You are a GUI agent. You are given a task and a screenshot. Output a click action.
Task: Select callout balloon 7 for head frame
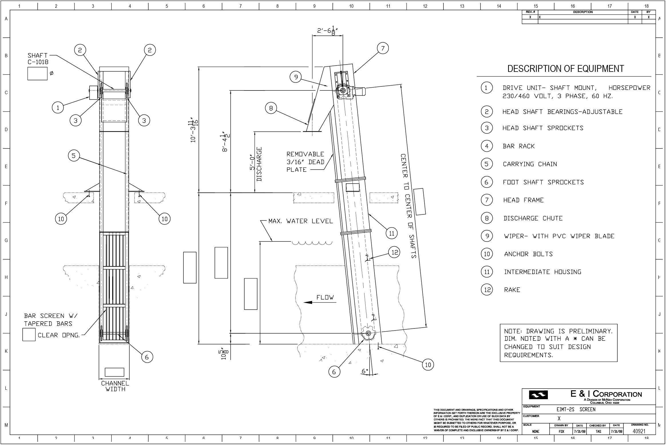[383, 48]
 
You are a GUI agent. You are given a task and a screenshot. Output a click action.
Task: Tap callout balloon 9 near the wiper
[296, 77]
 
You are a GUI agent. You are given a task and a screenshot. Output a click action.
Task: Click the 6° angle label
[365, 371]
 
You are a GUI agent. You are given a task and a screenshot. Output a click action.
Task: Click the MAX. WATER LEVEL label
[301, 221]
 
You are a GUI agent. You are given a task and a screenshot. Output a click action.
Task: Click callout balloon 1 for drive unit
[58, 108]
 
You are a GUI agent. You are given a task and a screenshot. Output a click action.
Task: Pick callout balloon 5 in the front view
[74, 155]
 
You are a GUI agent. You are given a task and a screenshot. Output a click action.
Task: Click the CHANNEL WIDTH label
[115, 386]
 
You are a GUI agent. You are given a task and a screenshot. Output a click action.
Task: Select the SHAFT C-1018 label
[38, 59]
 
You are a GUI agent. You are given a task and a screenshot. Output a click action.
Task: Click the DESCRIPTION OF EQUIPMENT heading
[566, 69]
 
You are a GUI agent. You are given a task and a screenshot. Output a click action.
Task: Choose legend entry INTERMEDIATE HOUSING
[543, 272]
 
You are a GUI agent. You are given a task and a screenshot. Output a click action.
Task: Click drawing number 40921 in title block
[639, 431]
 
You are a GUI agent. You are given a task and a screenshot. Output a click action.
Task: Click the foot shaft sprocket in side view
[368, 333]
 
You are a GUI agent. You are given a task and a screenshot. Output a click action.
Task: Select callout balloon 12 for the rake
[395, 252]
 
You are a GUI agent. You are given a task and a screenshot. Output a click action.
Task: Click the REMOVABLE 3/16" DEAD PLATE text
[305, 162]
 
